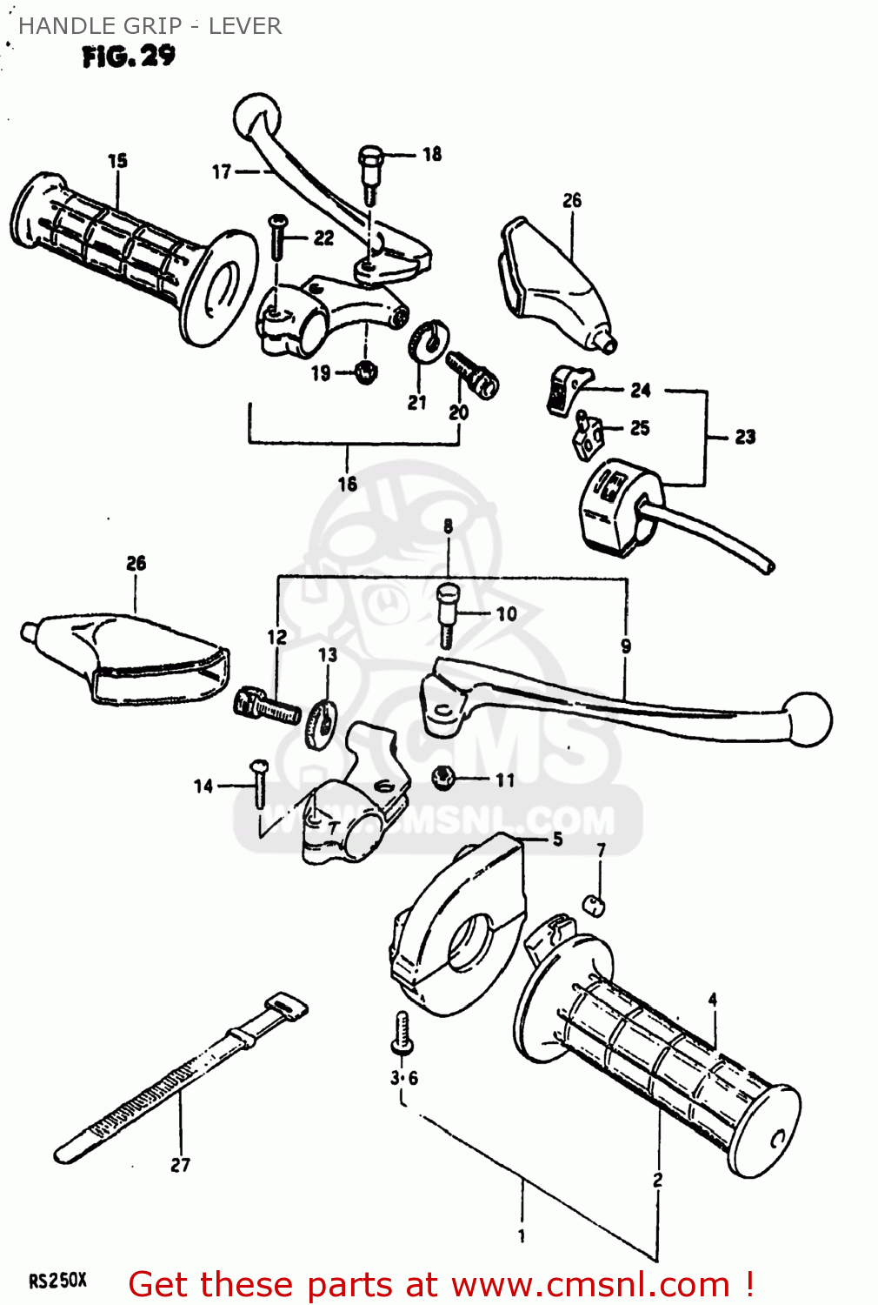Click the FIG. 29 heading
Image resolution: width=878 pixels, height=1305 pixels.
tap(129, 57)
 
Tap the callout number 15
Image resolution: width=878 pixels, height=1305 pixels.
tap(117, 161)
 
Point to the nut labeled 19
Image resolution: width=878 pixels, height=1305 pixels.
tap(366, 372)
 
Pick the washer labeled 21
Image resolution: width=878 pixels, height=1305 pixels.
tap(427, 340)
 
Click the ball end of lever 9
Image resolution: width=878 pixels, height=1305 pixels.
tap(808, 719)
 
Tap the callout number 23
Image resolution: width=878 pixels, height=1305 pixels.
tap(745, 437)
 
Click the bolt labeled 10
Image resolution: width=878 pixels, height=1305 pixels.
tap(447, 612)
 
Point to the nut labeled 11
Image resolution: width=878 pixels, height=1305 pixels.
tap(443, 777)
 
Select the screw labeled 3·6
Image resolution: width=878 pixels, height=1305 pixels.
tap(401, 1033)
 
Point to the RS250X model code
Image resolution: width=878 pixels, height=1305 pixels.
tap(57, 1281)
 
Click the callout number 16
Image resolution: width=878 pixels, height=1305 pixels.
tap(348, 484)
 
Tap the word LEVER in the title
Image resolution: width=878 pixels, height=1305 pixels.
tap(244, 26)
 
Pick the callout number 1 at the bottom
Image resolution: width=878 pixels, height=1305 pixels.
tap(522, 1235)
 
